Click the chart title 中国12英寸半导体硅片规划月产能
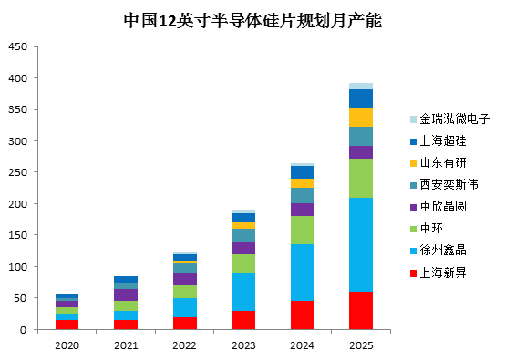[x=252, y=21]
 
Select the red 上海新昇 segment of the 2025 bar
[x=361, y=311]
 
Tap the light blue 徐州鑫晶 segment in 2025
[x=361, y=245]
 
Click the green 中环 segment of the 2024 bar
[x=303, y=230]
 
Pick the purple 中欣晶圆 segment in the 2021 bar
[x=126, y=295]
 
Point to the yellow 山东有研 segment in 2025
[x=361, y=118]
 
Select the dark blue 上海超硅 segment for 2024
[x=303, y=172]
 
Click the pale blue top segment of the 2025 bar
[x=361, y=87]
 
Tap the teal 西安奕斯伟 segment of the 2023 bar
[x=243, y=235]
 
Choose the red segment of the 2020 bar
[x=67, y=324]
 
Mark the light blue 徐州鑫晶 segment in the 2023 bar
[x=243, y=292]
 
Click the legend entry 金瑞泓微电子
[x=450, y=118]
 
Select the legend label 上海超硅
[x=443, y=140]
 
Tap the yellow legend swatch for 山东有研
[x=413, y=163]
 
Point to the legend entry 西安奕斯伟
[x=444, y=184]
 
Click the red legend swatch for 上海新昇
[x=413, y=273]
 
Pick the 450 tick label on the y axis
[x=18, y=47]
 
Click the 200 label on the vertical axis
[x=18, y=204]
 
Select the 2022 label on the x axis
[x=184, y=345]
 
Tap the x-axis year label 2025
[x=361, y=345]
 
